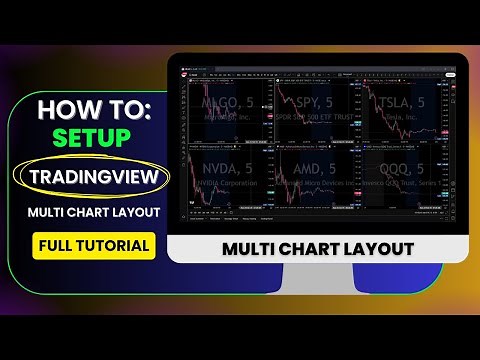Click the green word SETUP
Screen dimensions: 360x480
tap(93, 137)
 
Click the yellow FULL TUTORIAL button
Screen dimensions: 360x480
tap(93, 245)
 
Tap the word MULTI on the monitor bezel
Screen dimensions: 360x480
tap(250, 248)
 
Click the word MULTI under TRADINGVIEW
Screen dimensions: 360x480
tap(47, 212)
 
